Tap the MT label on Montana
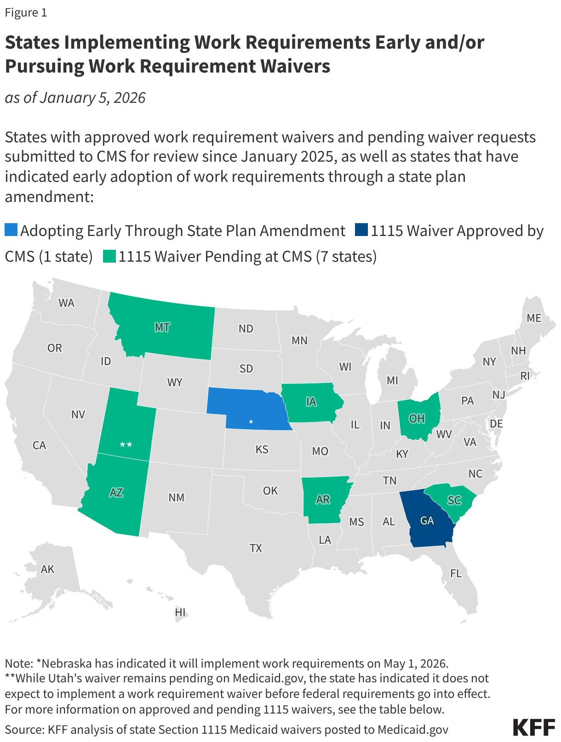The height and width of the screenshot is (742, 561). pos(162,327)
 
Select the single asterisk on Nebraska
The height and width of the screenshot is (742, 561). pos(251,422)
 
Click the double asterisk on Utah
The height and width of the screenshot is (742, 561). pos(126,444)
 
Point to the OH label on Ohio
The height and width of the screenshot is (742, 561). pos(417,419)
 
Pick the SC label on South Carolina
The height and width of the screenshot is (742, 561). pos(454,500)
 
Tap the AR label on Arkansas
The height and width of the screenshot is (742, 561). pos(323,500)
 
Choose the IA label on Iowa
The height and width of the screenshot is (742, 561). pos(311,402)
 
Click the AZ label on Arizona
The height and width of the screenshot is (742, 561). pos(116,493)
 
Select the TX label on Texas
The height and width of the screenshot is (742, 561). pos(256,548)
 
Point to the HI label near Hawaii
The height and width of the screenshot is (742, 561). pos(180,612)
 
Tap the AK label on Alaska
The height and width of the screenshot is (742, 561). pos(47,569)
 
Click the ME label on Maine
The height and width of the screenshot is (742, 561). pos(534,318)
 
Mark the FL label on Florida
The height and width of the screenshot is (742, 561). pos(456,573)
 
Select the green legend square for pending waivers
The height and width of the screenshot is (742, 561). pos(109,256)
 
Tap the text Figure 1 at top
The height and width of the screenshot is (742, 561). pos(26,12)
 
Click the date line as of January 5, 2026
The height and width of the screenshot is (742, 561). pos(75,98)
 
